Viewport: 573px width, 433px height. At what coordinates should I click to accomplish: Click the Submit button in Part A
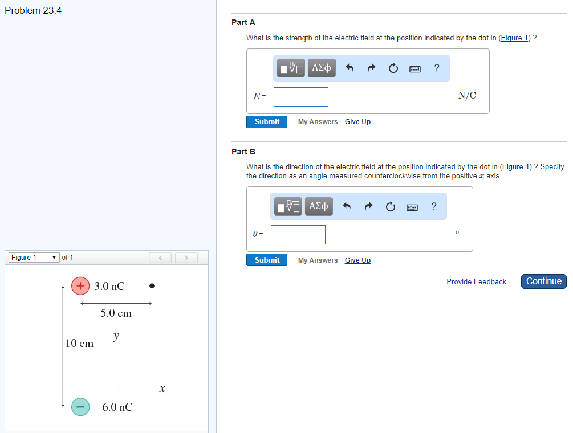267,122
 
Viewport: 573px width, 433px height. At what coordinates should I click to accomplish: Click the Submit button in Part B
267,260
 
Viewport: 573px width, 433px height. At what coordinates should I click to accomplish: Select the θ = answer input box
298,235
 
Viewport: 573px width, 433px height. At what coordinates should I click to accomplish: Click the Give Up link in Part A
357,122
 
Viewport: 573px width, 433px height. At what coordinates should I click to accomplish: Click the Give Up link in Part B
357,260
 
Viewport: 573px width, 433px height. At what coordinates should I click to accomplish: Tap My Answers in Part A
318,122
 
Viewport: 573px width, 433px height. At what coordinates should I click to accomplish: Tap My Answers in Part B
318,260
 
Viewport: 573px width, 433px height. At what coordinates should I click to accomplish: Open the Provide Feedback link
476,282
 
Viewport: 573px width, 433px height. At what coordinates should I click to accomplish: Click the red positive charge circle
80,286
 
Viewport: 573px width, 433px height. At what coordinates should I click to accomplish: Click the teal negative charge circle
80,407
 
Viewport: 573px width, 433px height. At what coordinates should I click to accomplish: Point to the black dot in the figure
152,286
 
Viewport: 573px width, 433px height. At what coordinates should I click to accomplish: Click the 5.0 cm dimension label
116,313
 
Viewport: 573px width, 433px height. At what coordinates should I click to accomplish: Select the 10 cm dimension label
79,343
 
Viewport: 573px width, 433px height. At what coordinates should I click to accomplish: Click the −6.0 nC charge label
113,407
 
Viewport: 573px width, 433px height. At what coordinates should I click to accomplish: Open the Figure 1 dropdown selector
34,258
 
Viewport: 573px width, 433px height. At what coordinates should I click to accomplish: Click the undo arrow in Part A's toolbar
350,68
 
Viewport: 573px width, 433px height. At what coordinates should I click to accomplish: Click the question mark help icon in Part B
434,206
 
